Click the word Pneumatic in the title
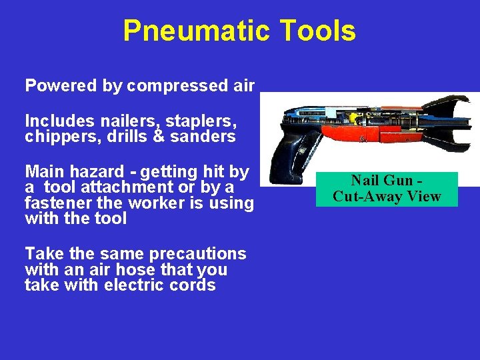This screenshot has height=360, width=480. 195,31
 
